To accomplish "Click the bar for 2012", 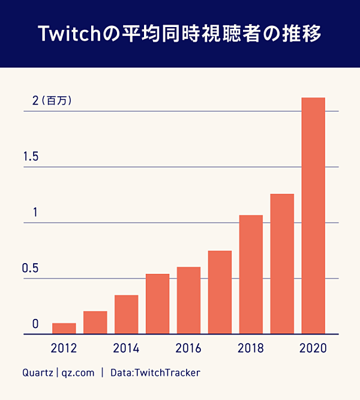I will (64, 329).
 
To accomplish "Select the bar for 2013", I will (95, 323).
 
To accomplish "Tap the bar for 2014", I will (127, 315).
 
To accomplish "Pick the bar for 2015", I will (158, 304).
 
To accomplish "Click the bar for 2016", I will (189, 300).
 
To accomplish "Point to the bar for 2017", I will (220, 292).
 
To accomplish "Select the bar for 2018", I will (251, 274).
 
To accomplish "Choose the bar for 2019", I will (282, 264).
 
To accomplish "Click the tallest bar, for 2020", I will (313, 216).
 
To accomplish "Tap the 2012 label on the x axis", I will (64, 348).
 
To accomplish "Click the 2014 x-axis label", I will (126, 348).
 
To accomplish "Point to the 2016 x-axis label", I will (188, 348).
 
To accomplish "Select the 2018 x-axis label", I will (251, 348).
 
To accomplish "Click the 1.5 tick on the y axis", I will (31, 157).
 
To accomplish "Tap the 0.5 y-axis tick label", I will (31, 268).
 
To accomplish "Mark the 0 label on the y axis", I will (35, 324).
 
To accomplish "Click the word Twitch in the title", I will (64, 34).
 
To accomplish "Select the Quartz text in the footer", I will (37, 373).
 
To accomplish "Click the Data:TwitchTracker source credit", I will (155, 373).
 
